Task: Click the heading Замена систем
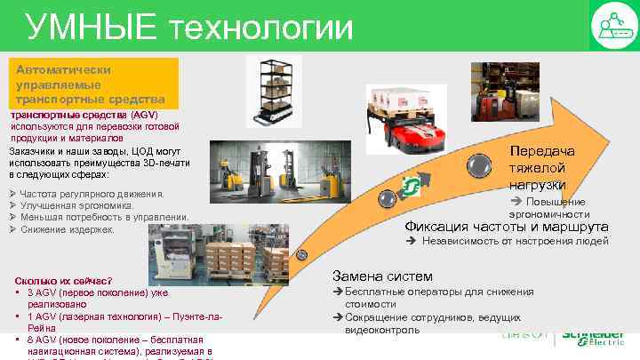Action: pos(381,276)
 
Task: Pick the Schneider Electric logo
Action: pos(591,339)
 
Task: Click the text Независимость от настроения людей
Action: pos(516,241)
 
